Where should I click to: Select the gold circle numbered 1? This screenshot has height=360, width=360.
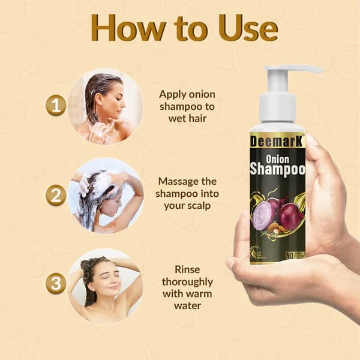pos(56,106)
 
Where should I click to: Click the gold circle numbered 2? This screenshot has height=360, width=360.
pos(56,196)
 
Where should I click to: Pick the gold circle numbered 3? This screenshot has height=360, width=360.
pos(56,284)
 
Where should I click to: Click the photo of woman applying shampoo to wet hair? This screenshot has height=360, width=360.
pos(105,106)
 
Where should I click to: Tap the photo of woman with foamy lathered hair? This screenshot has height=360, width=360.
pos(105,196)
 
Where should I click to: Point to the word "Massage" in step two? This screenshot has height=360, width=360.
pos(179,181)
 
